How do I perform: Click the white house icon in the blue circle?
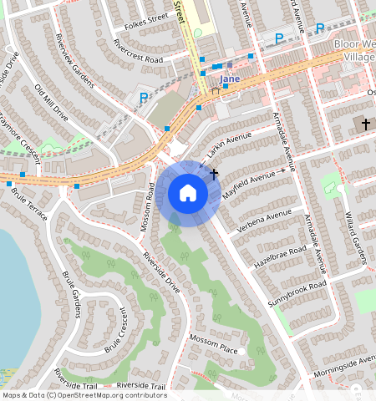[x=188, y=194]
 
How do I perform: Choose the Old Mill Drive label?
[x=50, y=102]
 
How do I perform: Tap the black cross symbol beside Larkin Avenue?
[x=214, y=173]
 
